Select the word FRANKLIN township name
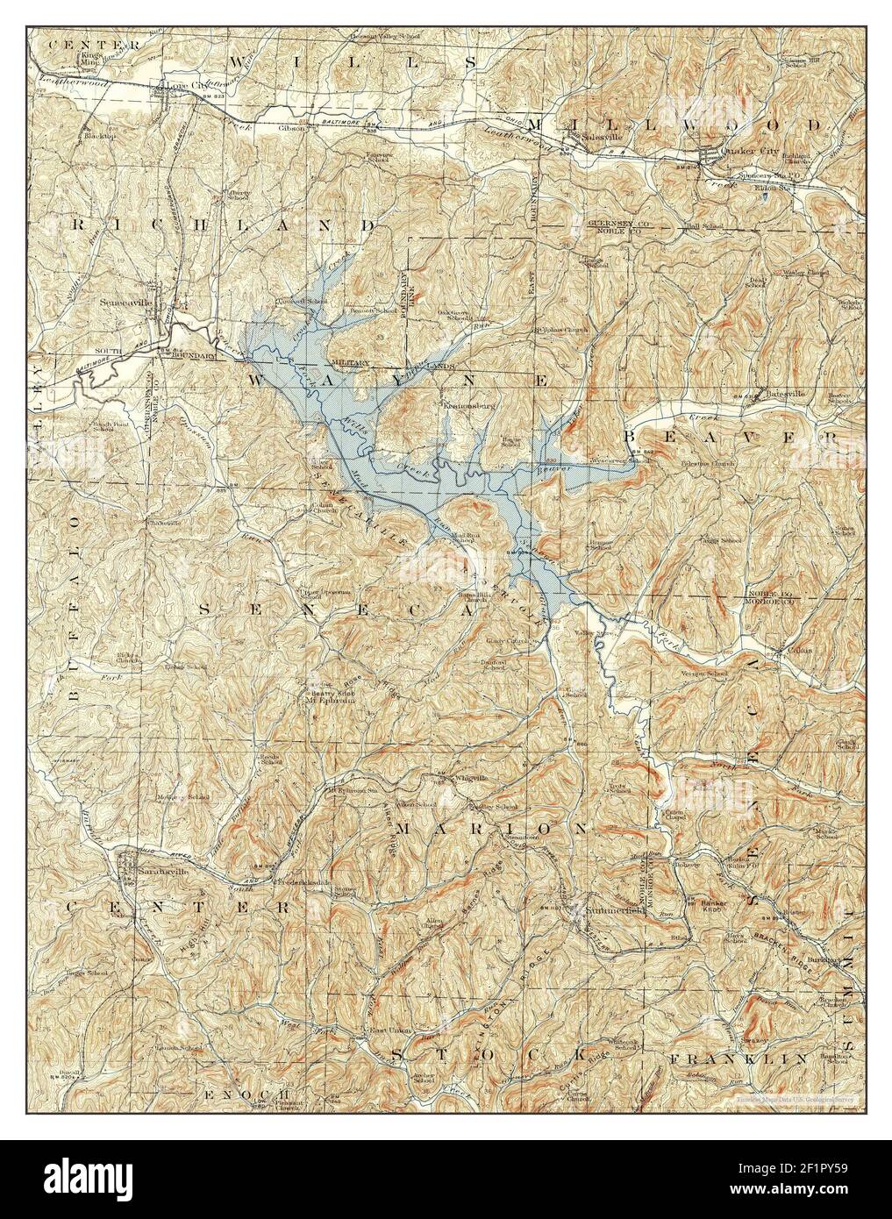(x=737, y=1060)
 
